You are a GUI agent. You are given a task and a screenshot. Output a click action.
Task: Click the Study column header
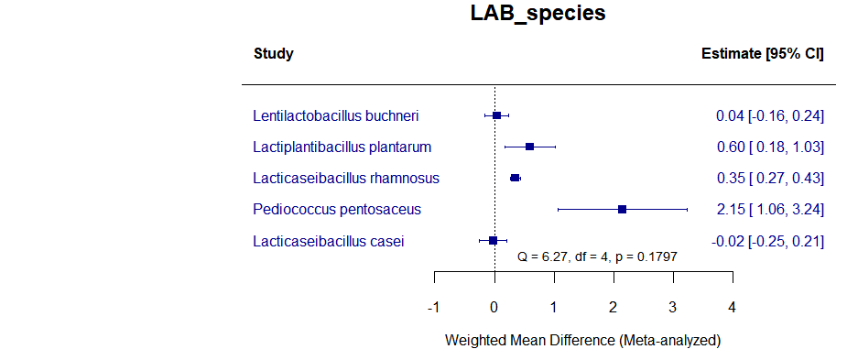coord(273,54)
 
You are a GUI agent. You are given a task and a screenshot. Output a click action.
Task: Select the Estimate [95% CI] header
coord(762,54)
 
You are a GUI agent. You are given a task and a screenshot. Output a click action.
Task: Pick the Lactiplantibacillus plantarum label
coord(342,147)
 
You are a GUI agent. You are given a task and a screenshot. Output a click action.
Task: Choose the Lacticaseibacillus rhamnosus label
coord(346,178)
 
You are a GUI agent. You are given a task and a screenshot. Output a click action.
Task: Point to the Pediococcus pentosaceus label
coord(337,209)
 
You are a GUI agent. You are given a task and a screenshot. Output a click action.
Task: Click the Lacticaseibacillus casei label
coord(329,241)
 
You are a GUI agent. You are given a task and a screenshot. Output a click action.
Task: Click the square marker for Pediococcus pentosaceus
coord(622,209)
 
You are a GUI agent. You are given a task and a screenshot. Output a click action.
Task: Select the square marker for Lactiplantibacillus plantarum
coord(529,147)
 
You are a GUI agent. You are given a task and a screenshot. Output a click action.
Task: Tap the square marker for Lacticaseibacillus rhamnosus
coord(515,178)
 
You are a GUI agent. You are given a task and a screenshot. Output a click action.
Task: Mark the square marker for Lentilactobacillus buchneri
coord(496,115)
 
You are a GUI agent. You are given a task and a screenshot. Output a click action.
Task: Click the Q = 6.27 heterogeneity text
coord(597,257)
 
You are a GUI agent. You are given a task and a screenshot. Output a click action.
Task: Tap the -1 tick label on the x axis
coord(433,306)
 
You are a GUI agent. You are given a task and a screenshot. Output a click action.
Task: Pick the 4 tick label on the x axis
coord(732,306)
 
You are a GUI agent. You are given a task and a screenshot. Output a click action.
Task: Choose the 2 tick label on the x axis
coord(613,306)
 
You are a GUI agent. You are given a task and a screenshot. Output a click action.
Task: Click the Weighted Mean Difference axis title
coord(582,340)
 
